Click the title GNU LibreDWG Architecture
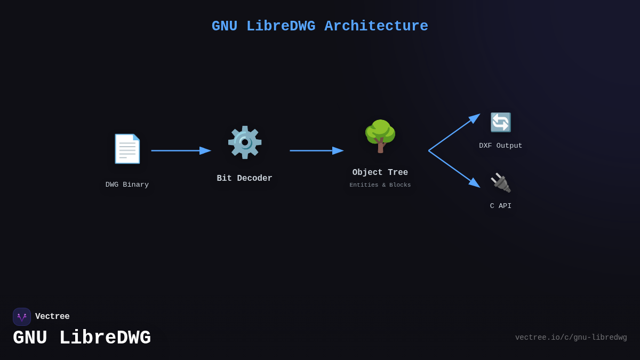coord(319,26)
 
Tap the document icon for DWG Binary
coord(127,149)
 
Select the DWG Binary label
coord(127,185)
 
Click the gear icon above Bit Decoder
coord(244,142)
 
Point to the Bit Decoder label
coord(244,179)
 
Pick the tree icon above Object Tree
coord(380,137)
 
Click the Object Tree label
coord(380,173)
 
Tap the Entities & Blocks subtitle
coord(380,185)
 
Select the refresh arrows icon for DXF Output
coord(500,122)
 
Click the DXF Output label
coord(500,146)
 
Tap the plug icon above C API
coord(500,182)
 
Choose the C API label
coord(500,206)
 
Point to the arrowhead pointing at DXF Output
coord(474,118)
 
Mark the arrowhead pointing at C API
coord(474,183)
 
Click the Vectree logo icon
coord(22,317)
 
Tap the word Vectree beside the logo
coord(52,317)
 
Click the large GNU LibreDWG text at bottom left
coord(82,338)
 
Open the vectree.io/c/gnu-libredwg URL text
coord(571,338)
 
